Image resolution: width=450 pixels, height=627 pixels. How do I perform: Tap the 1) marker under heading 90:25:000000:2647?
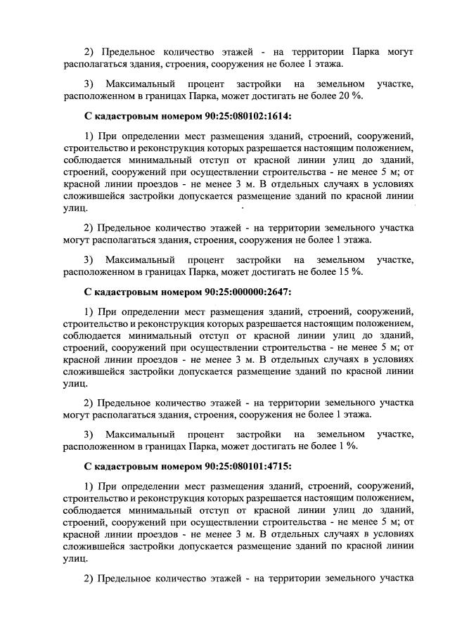[x=88, y=310]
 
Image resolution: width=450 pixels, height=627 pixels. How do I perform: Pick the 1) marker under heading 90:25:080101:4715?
[x=88, y=486]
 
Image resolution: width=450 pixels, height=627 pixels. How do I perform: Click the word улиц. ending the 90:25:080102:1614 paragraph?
[x=75, y=208]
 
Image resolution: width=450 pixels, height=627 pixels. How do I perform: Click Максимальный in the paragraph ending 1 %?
[x=139, y=434]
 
